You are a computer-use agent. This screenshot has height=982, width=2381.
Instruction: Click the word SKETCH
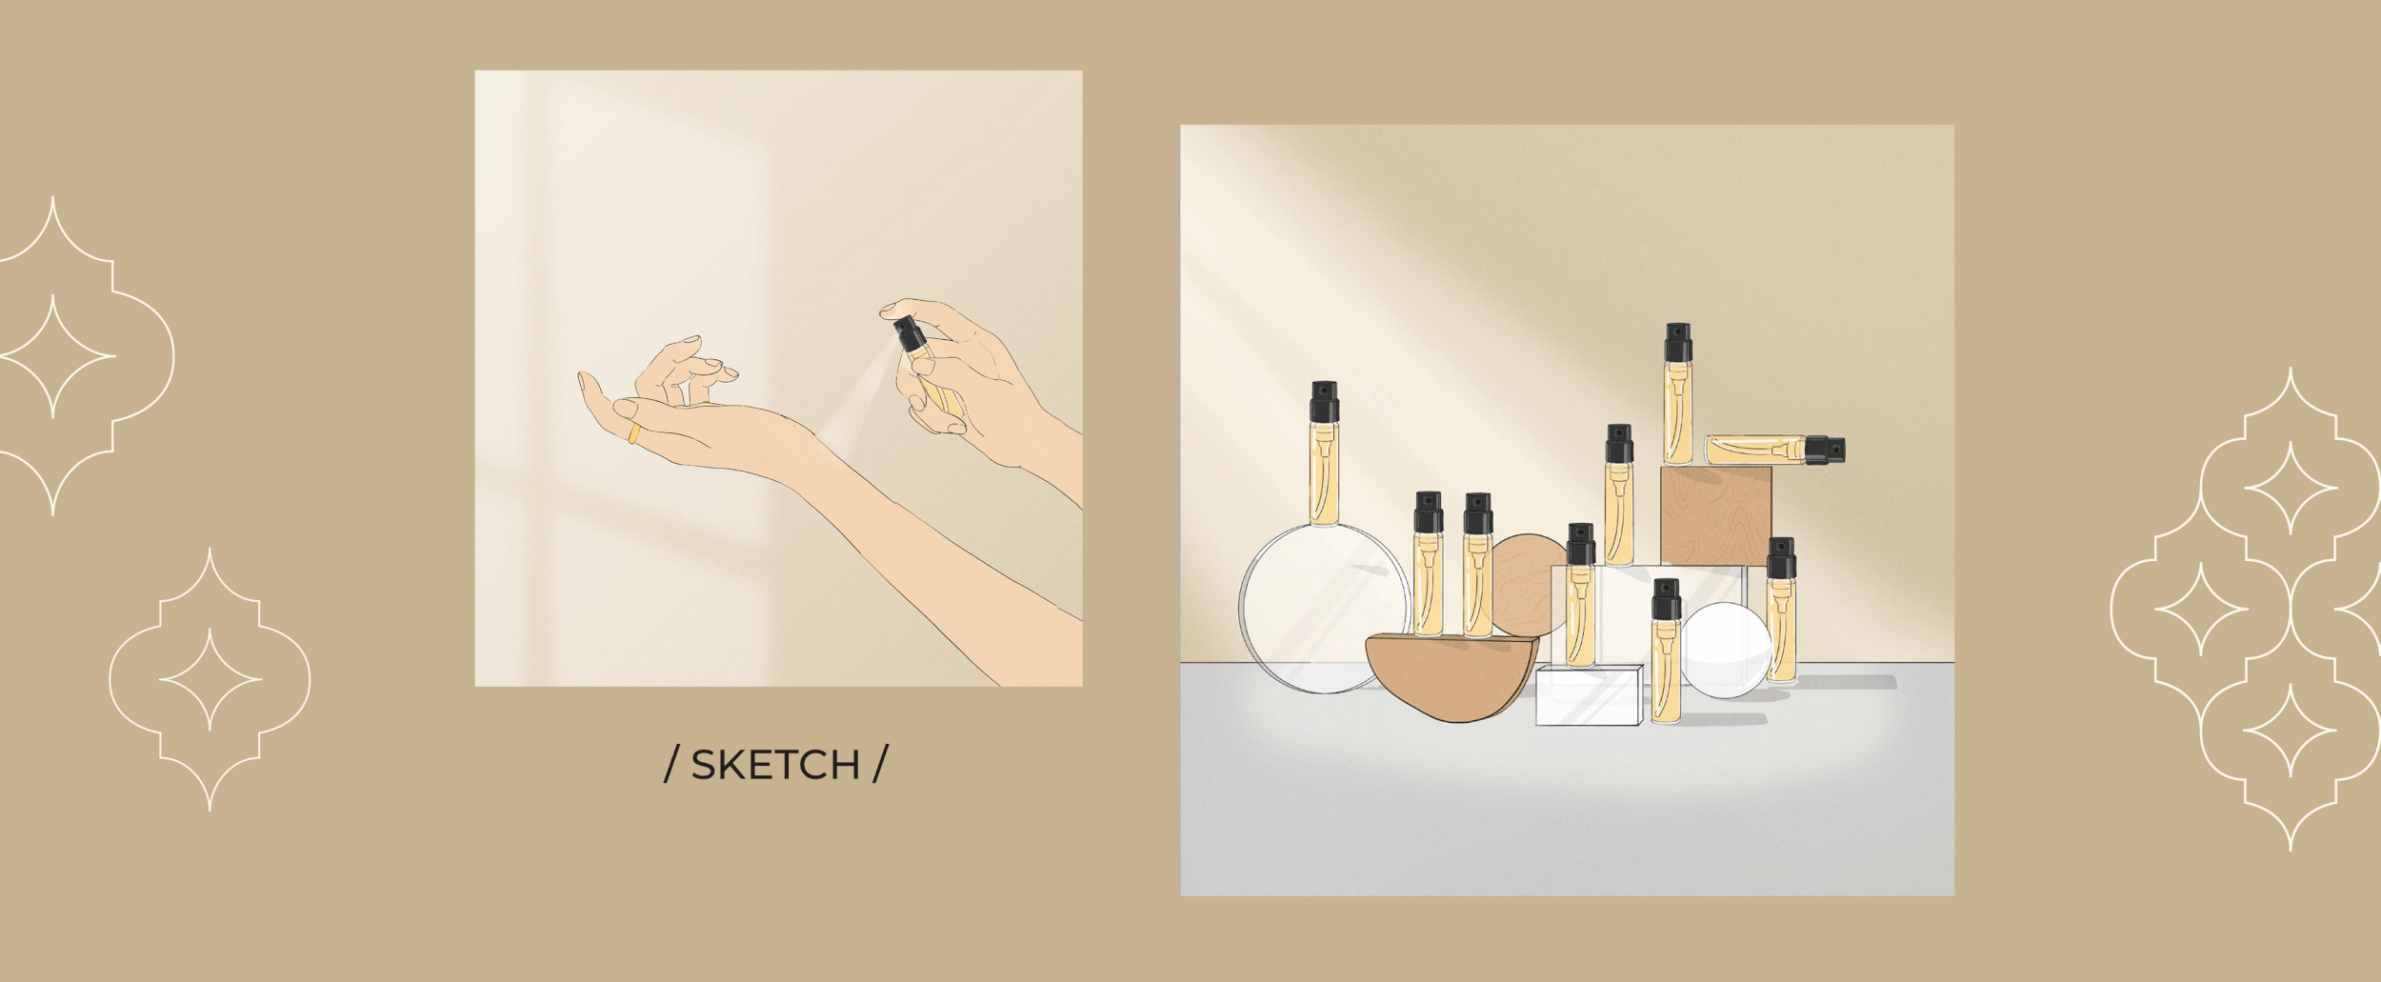point(775,766)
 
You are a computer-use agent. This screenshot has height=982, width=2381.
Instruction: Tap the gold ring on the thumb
point(633,434)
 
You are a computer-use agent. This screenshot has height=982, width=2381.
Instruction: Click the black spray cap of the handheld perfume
point(905,334)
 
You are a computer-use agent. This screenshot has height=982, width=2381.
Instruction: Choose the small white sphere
point(1726,649)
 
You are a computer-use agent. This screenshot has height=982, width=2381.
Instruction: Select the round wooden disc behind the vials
point(1528,581)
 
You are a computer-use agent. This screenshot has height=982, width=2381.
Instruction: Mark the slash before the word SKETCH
point(672,766)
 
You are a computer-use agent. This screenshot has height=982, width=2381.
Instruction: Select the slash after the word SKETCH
point(878,766)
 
